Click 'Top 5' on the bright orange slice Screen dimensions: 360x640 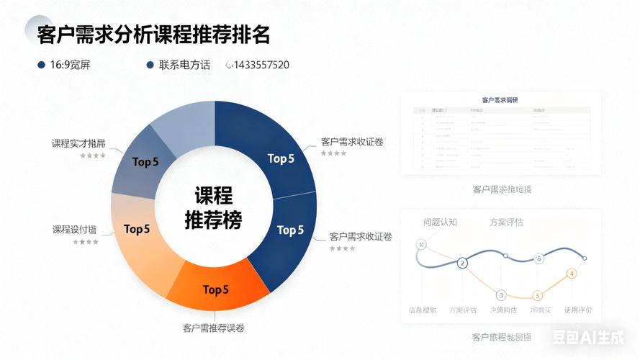coord(215,290)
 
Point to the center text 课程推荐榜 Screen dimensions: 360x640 coord(213,207)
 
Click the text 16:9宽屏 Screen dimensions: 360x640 coord(70,65)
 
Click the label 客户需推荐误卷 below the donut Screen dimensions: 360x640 coord(214,328)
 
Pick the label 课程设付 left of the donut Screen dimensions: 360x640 coord(74,230)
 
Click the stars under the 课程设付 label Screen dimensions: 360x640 coord(86,242)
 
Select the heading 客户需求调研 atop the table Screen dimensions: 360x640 coord(500,99)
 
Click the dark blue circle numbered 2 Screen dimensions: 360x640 coord(462,264)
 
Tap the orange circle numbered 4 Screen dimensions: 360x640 coord(572,274)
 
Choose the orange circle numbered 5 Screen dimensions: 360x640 coord(537,295)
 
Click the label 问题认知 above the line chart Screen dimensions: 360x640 coord(440,222)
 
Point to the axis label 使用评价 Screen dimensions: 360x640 coord(578,310)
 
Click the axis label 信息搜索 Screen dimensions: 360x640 coord(423,310)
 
